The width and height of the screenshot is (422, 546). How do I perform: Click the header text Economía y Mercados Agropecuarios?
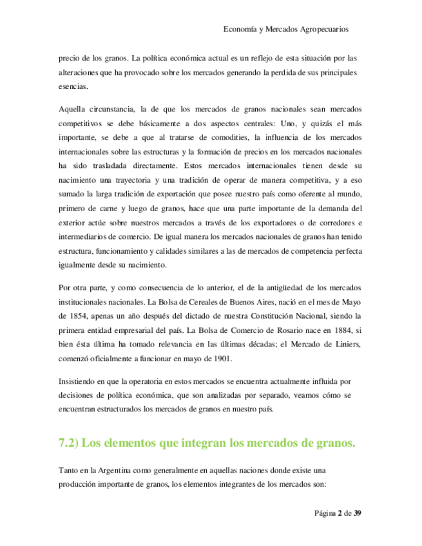(285, 29)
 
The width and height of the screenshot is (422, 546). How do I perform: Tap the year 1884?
(335, 331)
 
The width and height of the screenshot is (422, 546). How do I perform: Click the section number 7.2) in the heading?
(70, 444)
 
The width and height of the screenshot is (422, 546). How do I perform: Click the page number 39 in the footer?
(358, 513)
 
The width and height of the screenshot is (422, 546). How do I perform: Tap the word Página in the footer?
(326, 513)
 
